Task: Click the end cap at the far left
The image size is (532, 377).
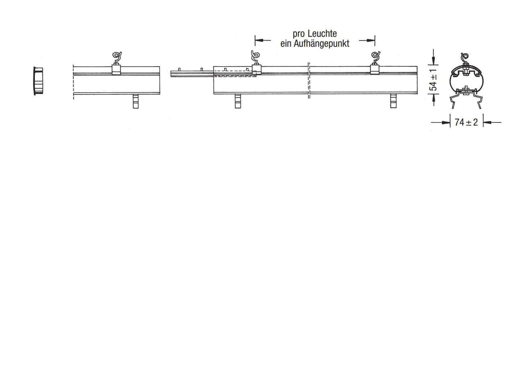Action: point(39,81)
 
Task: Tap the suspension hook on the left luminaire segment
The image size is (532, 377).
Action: point(117,58)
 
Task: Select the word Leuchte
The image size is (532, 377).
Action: point(322,34)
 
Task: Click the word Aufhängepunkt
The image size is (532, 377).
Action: point(322,44)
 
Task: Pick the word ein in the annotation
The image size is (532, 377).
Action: point(286,44)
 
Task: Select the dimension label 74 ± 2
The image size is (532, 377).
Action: point(466,122)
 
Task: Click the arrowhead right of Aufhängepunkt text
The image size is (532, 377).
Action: point(369,40)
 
